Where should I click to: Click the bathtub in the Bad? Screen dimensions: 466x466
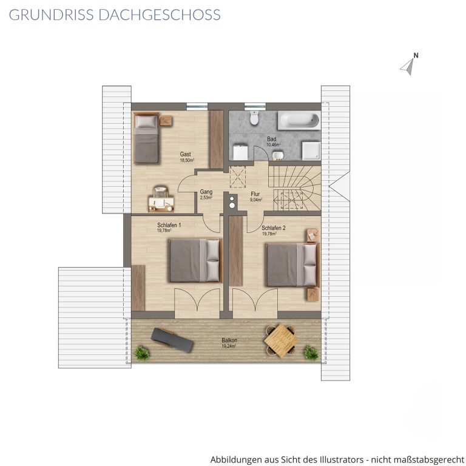point(299,121)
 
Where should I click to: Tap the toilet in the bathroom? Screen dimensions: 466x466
point(254,118)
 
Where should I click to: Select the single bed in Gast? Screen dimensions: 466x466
point(146,138)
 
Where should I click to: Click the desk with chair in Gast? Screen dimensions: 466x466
point(161,200)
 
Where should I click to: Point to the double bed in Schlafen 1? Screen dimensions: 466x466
point(195,260)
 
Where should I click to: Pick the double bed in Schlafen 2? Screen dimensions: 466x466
point(292,265)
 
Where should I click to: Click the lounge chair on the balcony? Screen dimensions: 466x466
point(172,340)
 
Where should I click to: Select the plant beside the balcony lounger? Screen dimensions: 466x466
point(142,353)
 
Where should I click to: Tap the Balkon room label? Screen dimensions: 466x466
point(229,340)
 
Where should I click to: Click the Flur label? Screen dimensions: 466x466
point(255,194)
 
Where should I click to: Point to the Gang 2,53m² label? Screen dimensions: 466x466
point(206,195)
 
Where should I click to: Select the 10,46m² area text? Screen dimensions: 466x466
point(274,145)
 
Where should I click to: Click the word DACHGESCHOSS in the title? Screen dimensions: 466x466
point(160,15)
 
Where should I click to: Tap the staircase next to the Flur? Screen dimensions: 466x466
point(294,188)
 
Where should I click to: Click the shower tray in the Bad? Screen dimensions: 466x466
point(311,150)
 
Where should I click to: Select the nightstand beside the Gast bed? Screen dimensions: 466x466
point(166,121)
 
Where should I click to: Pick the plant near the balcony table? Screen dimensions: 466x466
point(311,353)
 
